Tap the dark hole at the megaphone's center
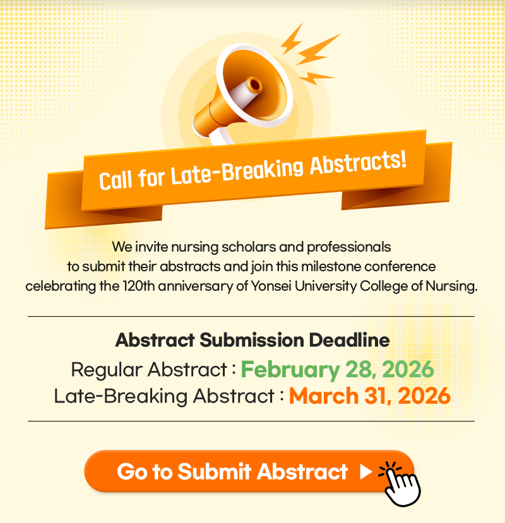coord(255,85)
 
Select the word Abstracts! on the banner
coord(358,162)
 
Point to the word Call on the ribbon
coord(116,180)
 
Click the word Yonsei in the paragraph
coord(271,286)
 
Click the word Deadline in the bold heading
coord(349,340)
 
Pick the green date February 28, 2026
coord(338,370)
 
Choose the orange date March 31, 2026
coord(370,396)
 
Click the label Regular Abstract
coord(149,370)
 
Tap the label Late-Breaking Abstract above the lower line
coord(164,396)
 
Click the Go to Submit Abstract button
coord(249,471)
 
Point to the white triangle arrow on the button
coord(366,472)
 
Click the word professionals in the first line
coord(349,247)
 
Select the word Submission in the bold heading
coord(252,340)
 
